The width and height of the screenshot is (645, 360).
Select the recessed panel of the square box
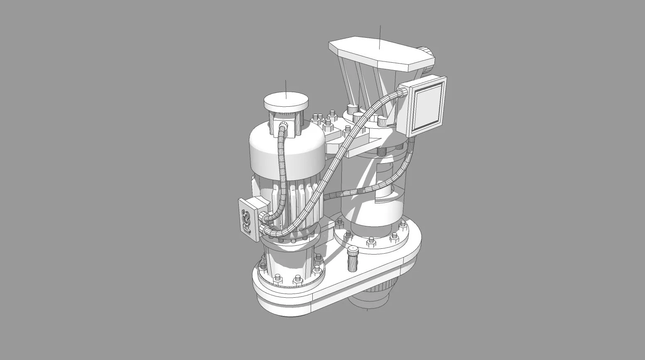coord(427,106)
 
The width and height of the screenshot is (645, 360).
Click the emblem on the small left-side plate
coord(246,220)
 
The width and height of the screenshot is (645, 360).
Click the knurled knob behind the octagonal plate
coord(425,53)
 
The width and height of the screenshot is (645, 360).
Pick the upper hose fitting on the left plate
coord(263,216)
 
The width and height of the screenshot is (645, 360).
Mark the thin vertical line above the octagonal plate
coord(380,35)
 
